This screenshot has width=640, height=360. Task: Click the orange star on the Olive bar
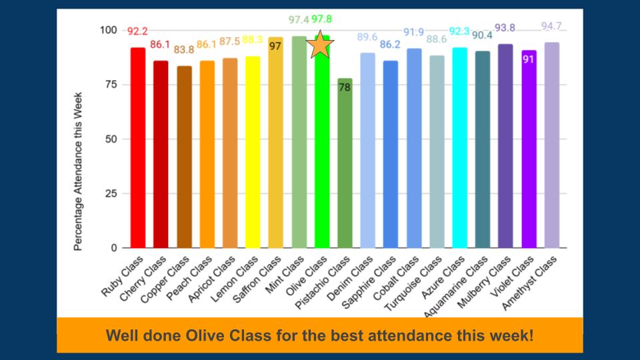coord(320,46)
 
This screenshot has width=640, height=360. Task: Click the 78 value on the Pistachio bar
coord(345,88)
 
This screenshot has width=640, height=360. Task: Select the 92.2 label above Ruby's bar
coord(138,31)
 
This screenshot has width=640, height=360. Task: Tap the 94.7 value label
coord(551,27)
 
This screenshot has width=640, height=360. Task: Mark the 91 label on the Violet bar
coord(529,59)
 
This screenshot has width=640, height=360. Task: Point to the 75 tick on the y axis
coord(109,85)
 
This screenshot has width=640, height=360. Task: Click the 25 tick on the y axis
coord(109,193)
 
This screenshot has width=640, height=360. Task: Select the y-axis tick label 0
coord(113,248)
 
